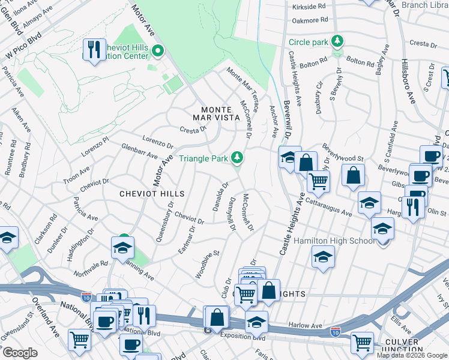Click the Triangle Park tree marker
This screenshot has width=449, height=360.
pos(238,158)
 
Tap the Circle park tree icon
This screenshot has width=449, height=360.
pos(338,41)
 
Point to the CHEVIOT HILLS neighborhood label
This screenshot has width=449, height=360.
pos(151,194)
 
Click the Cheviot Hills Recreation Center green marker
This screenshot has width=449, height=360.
pos(158,51)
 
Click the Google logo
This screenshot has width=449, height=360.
pos(20,353)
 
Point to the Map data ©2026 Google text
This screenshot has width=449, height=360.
pos(411,355)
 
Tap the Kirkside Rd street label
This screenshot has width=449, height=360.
pos(309,7)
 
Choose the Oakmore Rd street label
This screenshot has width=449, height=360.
pos(310,20)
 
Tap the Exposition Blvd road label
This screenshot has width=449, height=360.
pos(243,337)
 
